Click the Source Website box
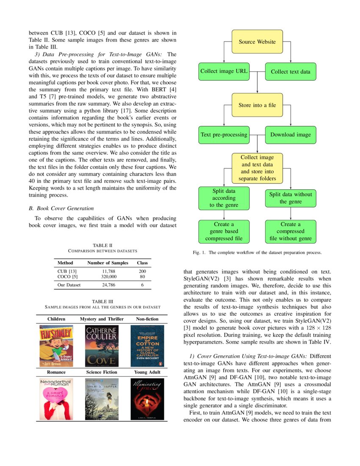coord(257,42)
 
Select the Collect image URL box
coord(224,71)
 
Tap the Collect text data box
coord(291,72)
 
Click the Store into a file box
coord(257,105)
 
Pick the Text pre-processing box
coord(224,135)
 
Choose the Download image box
coord(291,135)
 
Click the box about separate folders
coord(257,168)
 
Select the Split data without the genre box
coord(291,198)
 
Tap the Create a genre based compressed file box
coord(224,231)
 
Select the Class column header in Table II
coord(142,263)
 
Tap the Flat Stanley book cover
coord(56,346)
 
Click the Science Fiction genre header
coord(102,372)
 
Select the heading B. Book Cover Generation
coord(61,208)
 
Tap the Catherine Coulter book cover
coord(102,346)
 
